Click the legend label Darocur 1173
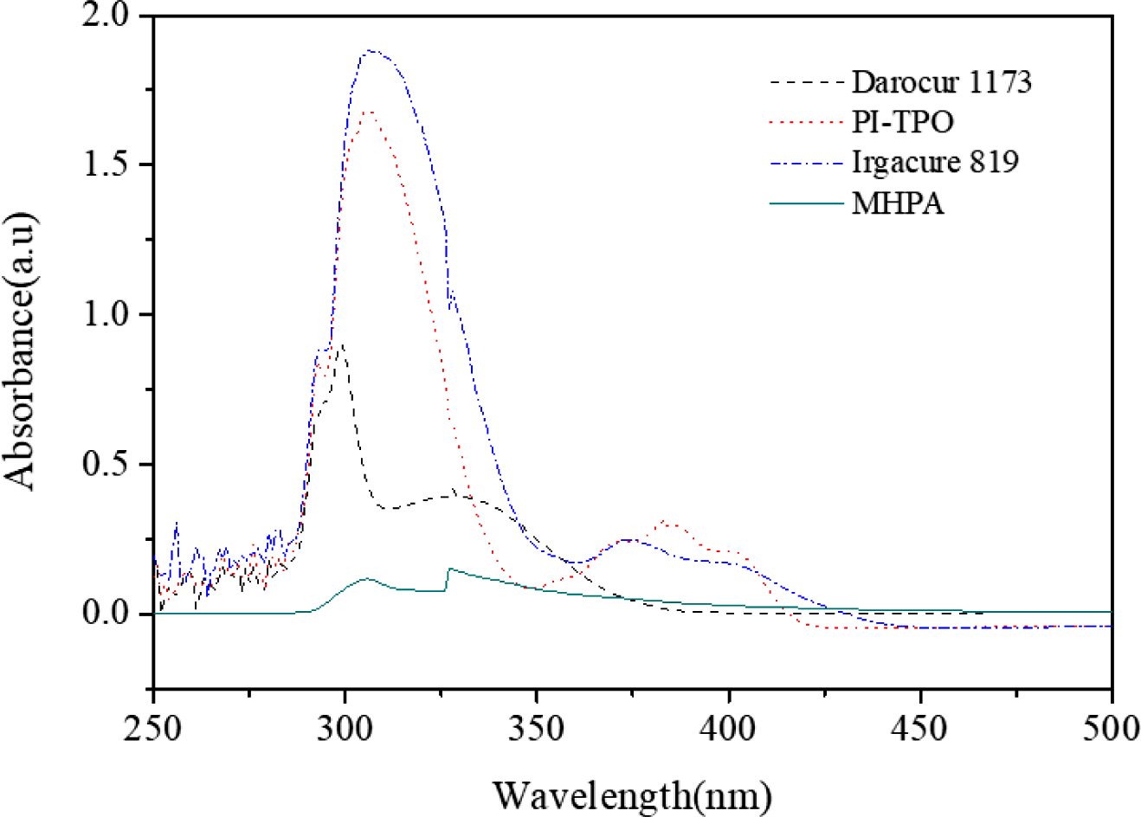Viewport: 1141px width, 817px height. click(942, 82)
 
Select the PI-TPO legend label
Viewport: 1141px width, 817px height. click(902, 122)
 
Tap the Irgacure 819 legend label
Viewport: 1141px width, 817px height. click(935, 162)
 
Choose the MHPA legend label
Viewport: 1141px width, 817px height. click(898, 203)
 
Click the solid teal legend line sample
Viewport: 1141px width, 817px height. click(806, 203)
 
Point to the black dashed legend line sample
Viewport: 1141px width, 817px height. click(806, 82)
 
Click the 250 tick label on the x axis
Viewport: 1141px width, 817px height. click(153, 729)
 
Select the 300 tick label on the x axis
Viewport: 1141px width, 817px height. click(345, 729)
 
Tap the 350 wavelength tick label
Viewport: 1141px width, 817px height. click(537, 729)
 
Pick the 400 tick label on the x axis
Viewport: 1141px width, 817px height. click(729, 729)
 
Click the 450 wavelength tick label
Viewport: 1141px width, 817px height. click(920, 729)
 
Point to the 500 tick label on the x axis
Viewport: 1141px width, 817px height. click(1111, 729)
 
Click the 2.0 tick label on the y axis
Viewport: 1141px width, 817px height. click(106, 16)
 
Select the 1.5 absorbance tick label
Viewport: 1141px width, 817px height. click(106, 164)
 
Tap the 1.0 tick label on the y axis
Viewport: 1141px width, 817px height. click(106, 314)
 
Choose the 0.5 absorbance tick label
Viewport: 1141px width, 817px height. click(106, 464)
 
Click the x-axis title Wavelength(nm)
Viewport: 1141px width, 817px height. click(632, 793)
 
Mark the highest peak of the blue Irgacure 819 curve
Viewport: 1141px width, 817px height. click(371, 50)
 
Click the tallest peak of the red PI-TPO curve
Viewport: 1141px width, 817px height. click(369, 111)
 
